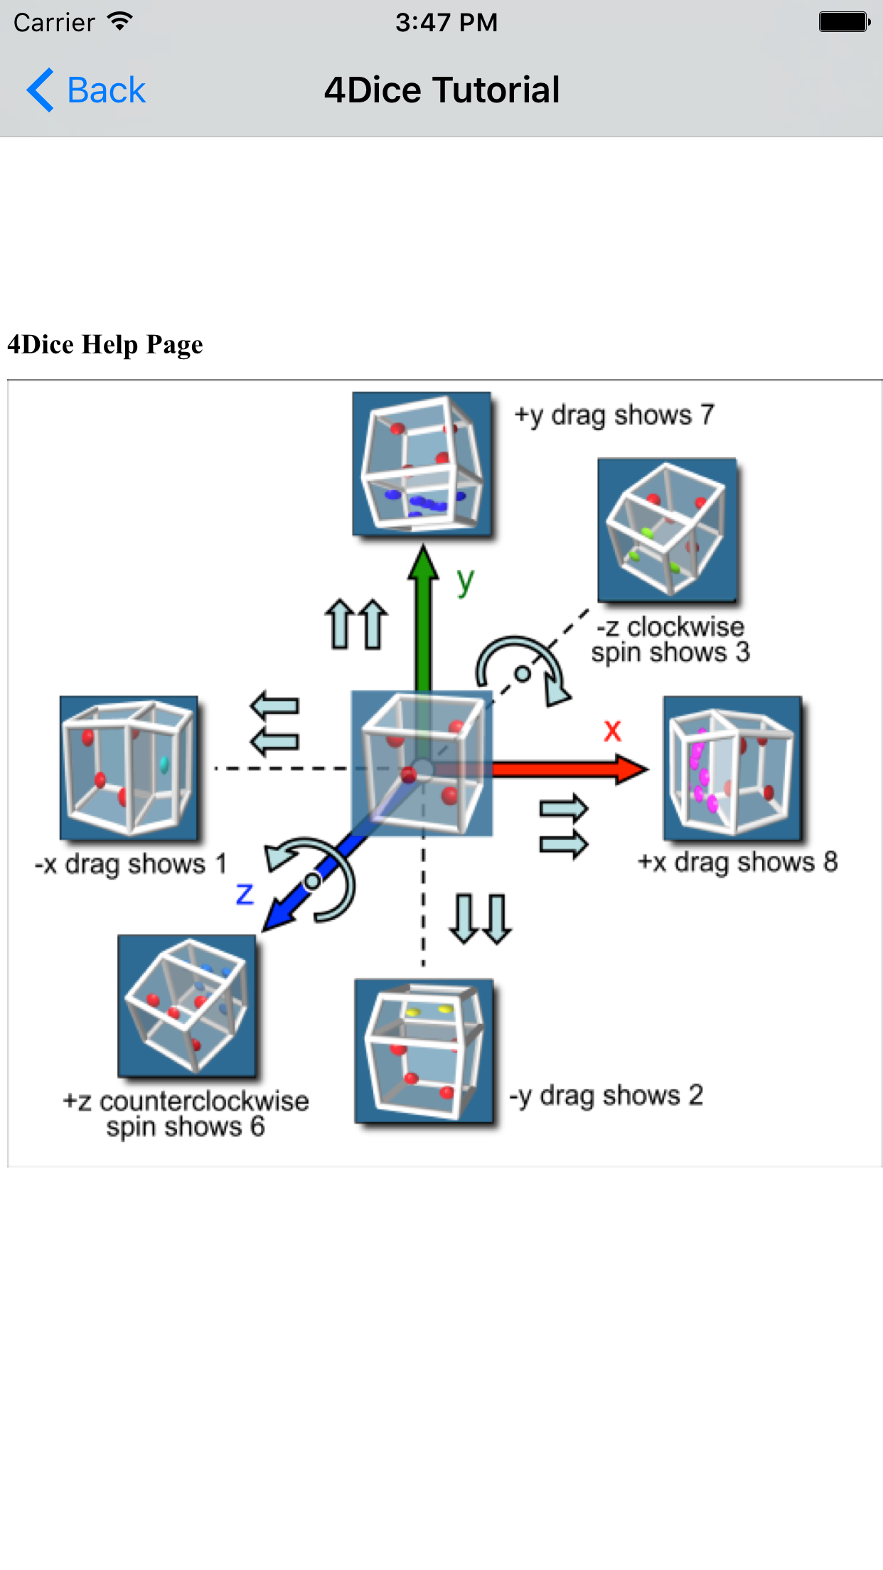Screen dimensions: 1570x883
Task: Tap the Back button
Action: [87, 90]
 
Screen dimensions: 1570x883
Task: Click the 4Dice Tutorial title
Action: [442, 90]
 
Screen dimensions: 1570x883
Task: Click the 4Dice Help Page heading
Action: [105, 345]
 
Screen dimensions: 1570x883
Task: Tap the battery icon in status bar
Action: [844, 22]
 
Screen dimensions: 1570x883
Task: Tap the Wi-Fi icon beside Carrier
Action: [120, 21]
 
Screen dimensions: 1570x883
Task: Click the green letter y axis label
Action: [465, 583]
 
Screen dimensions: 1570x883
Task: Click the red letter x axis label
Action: [612, 731]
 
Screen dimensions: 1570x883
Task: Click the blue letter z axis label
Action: [245, 894]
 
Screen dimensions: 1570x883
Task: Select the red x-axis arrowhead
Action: [631, 769]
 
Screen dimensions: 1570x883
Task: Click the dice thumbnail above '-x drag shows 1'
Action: [129, 767]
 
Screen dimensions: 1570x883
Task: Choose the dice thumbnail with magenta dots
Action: [732, 767]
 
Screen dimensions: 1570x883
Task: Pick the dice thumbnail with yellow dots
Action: [424, 1051]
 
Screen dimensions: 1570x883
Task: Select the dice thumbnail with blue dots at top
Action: [422, 464]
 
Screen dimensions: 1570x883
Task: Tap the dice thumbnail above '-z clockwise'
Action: [667, 530]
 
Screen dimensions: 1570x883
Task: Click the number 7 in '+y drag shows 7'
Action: [707, 415]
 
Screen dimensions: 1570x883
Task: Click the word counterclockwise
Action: [204, 1101]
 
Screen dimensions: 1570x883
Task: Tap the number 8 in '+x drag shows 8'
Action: [830, 862]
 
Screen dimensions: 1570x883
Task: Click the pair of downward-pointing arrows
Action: [480, 919]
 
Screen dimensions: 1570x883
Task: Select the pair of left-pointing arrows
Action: [275, 724]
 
